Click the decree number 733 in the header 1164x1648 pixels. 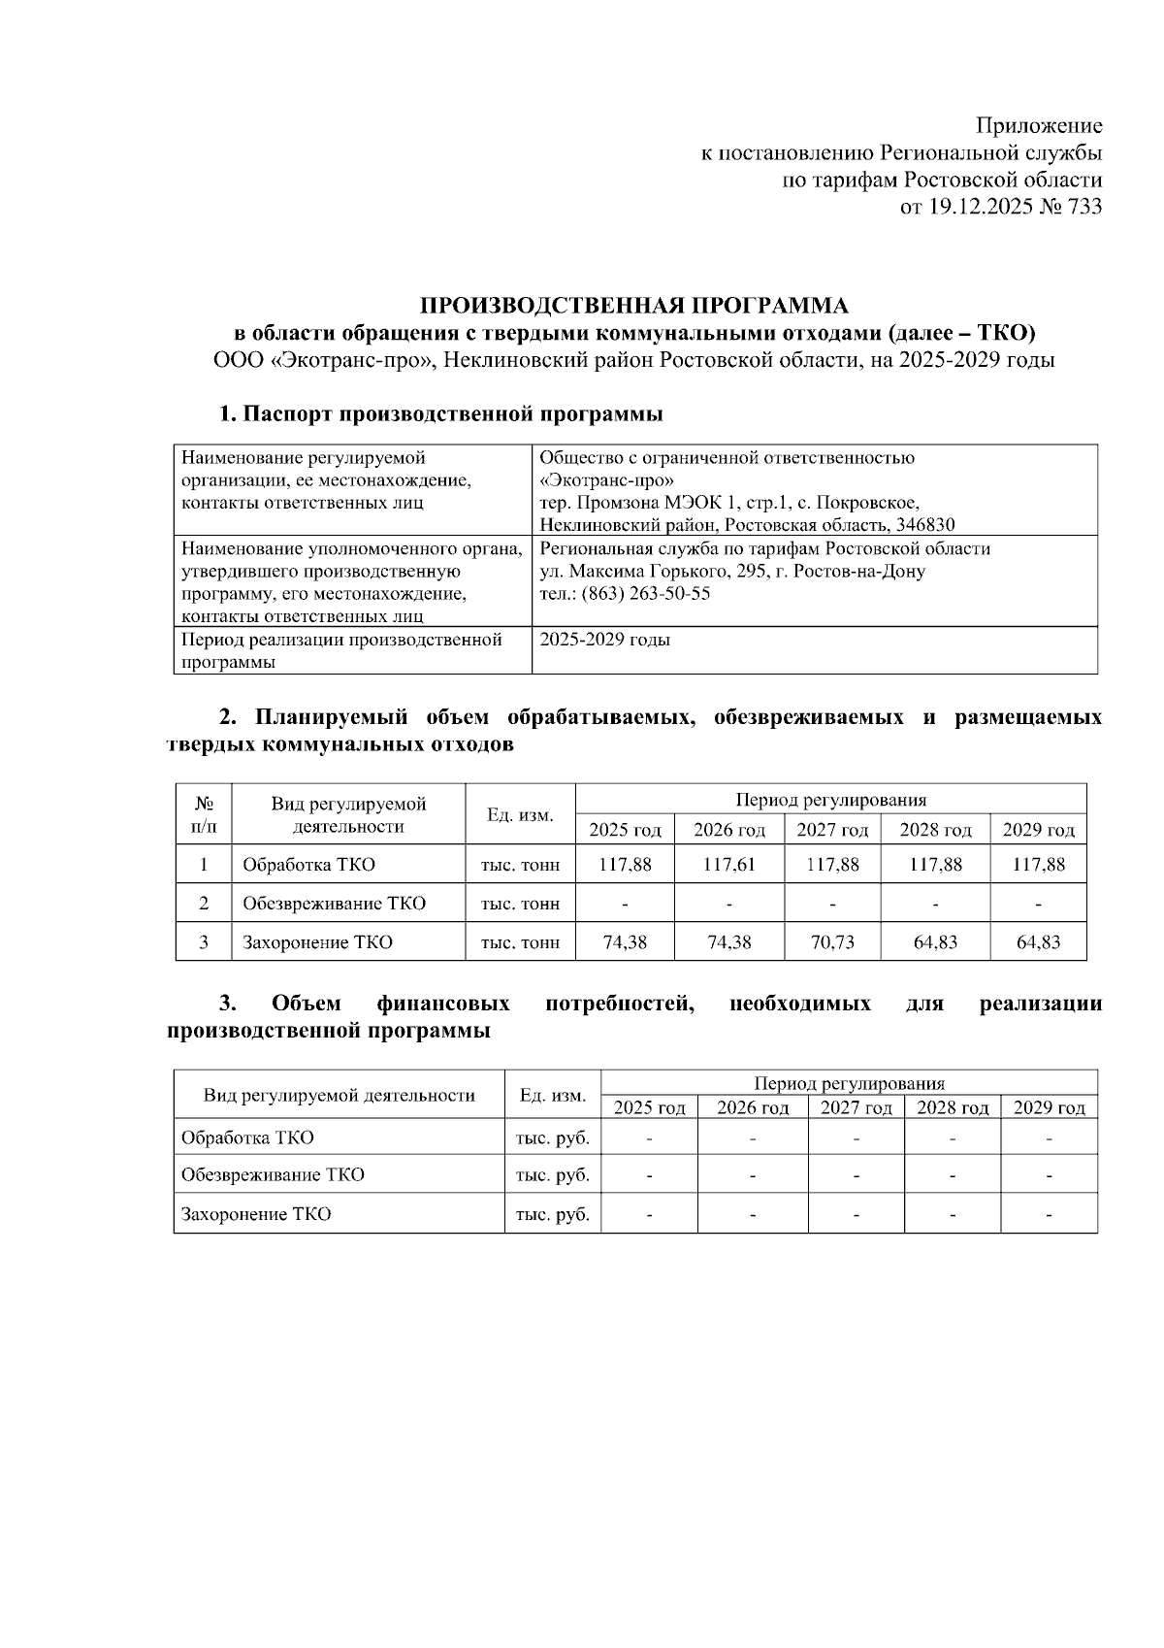point(1083,207)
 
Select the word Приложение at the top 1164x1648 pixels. point(1038,126)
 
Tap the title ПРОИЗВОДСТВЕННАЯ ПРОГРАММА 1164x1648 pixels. point(633,307)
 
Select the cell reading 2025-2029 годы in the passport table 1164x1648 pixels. point(604,641)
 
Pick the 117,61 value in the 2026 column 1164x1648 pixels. point(728,865)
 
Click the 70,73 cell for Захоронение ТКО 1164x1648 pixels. point(831,942)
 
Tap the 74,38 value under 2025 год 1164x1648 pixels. point(625,942)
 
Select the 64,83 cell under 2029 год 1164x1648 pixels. point(1038,942)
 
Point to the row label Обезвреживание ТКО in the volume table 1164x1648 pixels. point(334,904)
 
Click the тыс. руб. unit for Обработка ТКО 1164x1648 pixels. point(552,1137)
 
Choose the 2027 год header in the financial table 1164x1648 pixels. point(856,1108)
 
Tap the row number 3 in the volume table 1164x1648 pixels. point(204,942)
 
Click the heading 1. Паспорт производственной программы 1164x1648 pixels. point(440,414)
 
